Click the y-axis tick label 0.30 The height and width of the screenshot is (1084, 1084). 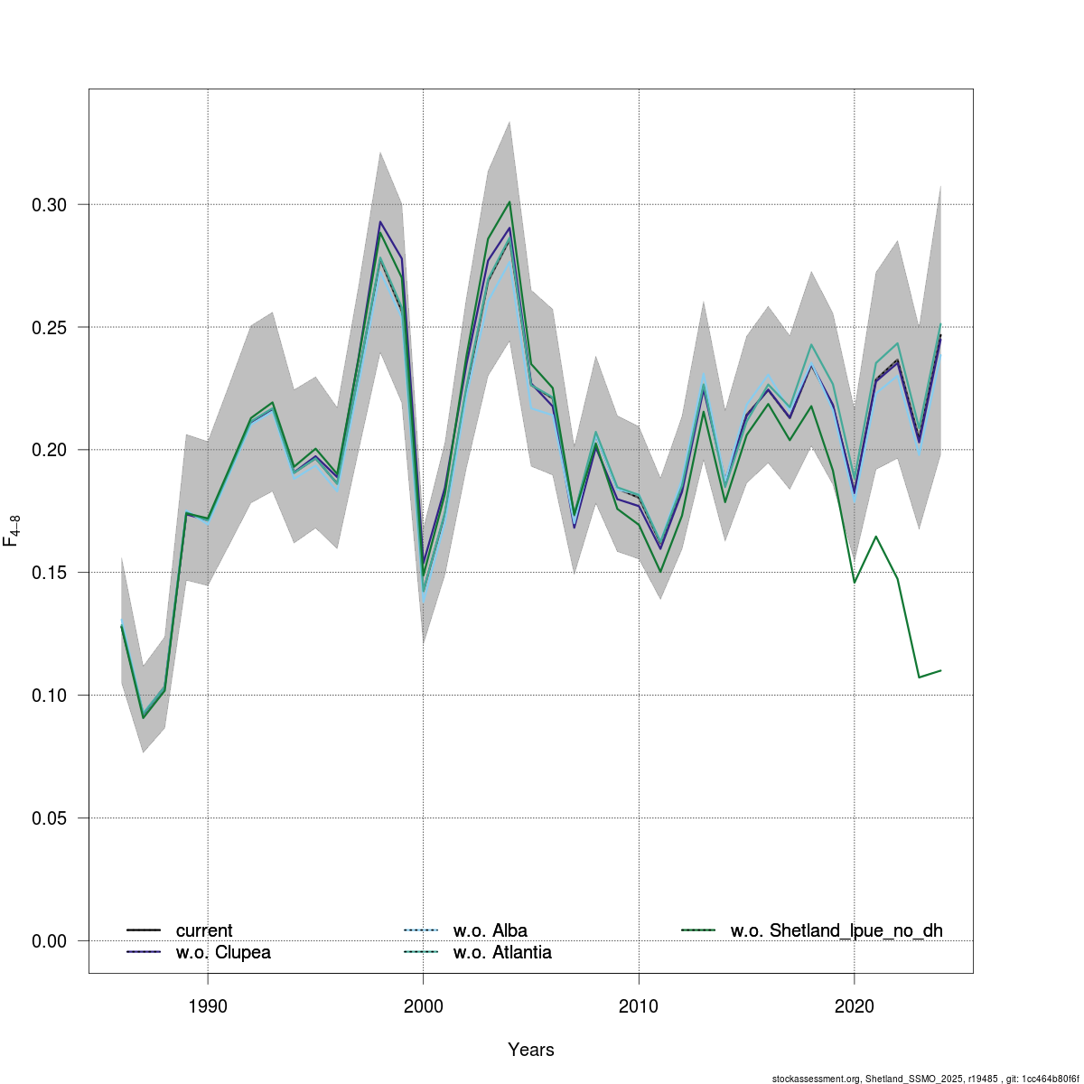point(49,205)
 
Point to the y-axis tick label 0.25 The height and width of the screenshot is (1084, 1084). point(49,327)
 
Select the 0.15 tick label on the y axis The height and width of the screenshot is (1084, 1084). point(49,573)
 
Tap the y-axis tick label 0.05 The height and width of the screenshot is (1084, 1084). point(49,818)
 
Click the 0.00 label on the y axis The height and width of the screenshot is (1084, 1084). point(49,941)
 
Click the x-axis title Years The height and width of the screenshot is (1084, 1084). point(531,1050)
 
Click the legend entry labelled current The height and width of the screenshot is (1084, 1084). point(204,930)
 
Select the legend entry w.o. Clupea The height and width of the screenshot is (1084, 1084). point(223,953)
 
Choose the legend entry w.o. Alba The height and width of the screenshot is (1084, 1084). point(490,930)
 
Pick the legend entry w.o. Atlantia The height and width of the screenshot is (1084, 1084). point(502,953)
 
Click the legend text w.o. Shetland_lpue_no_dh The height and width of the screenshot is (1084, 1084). point(836,930)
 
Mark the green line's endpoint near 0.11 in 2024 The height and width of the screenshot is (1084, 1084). point(940,670)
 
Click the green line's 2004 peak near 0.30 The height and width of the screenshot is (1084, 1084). point(509,202)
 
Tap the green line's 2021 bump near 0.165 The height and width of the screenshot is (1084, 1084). point(875,537)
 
